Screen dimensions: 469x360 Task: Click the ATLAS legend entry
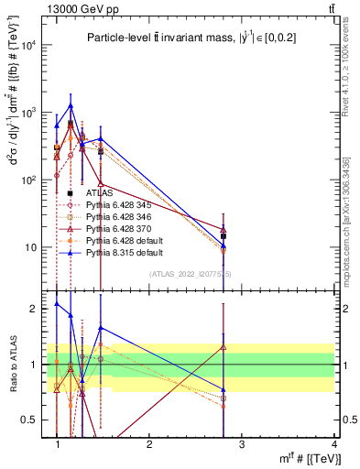(99, 193)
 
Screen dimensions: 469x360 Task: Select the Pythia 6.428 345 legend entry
(118, 205)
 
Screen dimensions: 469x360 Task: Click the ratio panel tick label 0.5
(36, 420)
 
